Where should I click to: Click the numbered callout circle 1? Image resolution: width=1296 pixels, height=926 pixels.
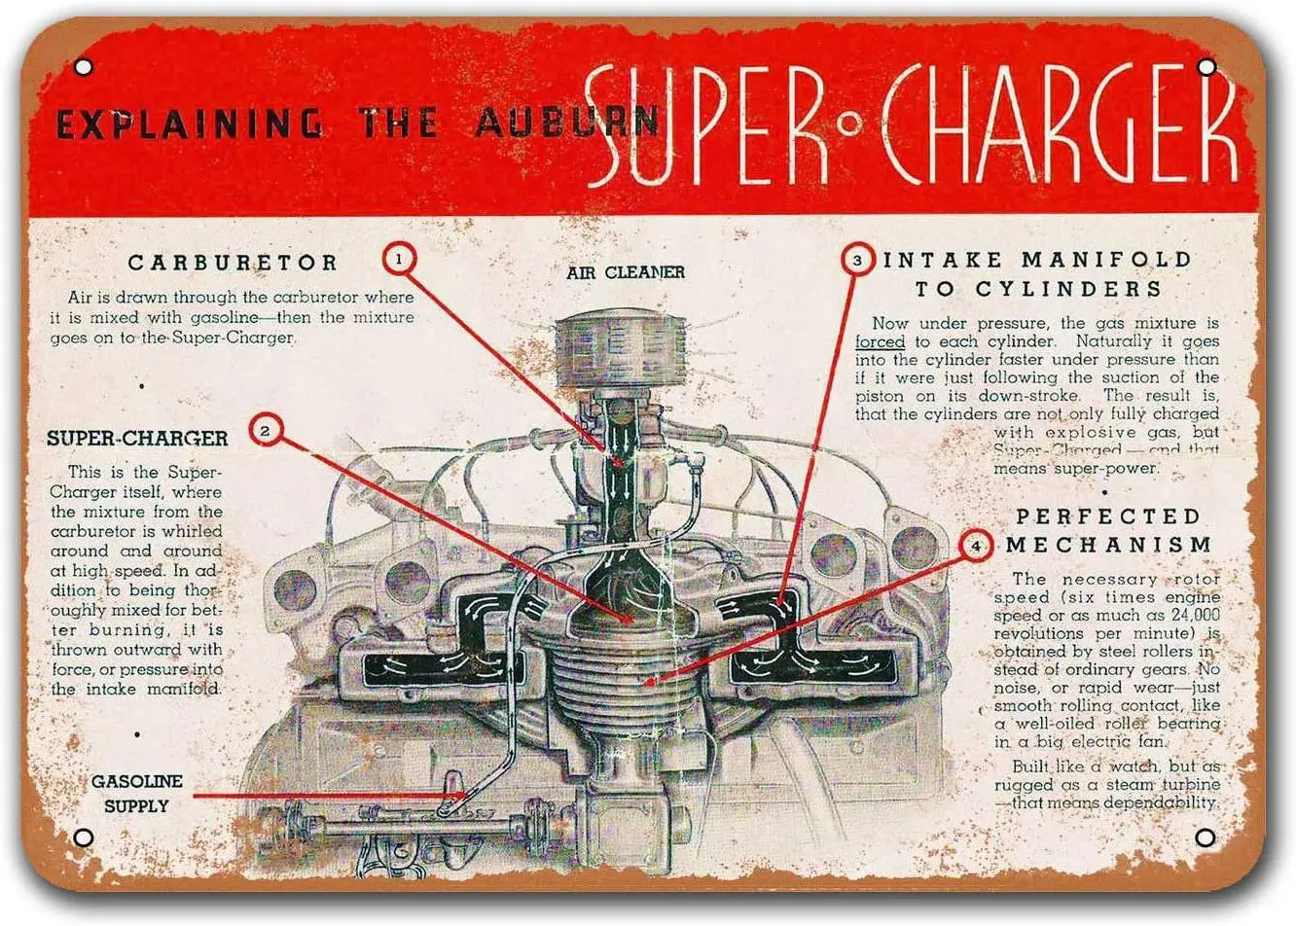click(400, 260)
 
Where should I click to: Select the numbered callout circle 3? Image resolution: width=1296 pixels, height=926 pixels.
click(857, 260)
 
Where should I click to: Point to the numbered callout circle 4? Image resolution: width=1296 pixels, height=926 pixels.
click(976, 546)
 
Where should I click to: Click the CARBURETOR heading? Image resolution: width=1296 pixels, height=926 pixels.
click(234, 263)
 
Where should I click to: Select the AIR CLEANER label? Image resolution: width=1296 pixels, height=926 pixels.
click(626, 273)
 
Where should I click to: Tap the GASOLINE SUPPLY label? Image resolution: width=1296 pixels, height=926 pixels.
click(136, 794)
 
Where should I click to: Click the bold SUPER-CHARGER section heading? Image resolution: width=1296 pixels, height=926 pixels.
click(137, 439)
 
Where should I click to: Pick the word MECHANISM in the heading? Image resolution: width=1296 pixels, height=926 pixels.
click(1109, 545)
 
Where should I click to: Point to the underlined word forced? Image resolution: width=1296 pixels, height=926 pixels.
click(880, 342)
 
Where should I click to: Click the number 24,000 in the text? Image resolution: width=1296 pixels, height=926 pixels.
click(1187, 615)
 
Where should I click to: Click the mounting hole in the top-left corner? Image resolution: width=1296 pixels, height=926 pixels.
click(84, 67)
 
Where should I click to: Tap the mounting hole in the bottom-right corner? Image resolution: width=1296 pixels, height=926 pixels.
click(1205, 837)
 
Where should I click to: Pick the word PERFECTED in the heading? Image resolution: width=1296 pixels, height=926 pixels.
click(1107, 516)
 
